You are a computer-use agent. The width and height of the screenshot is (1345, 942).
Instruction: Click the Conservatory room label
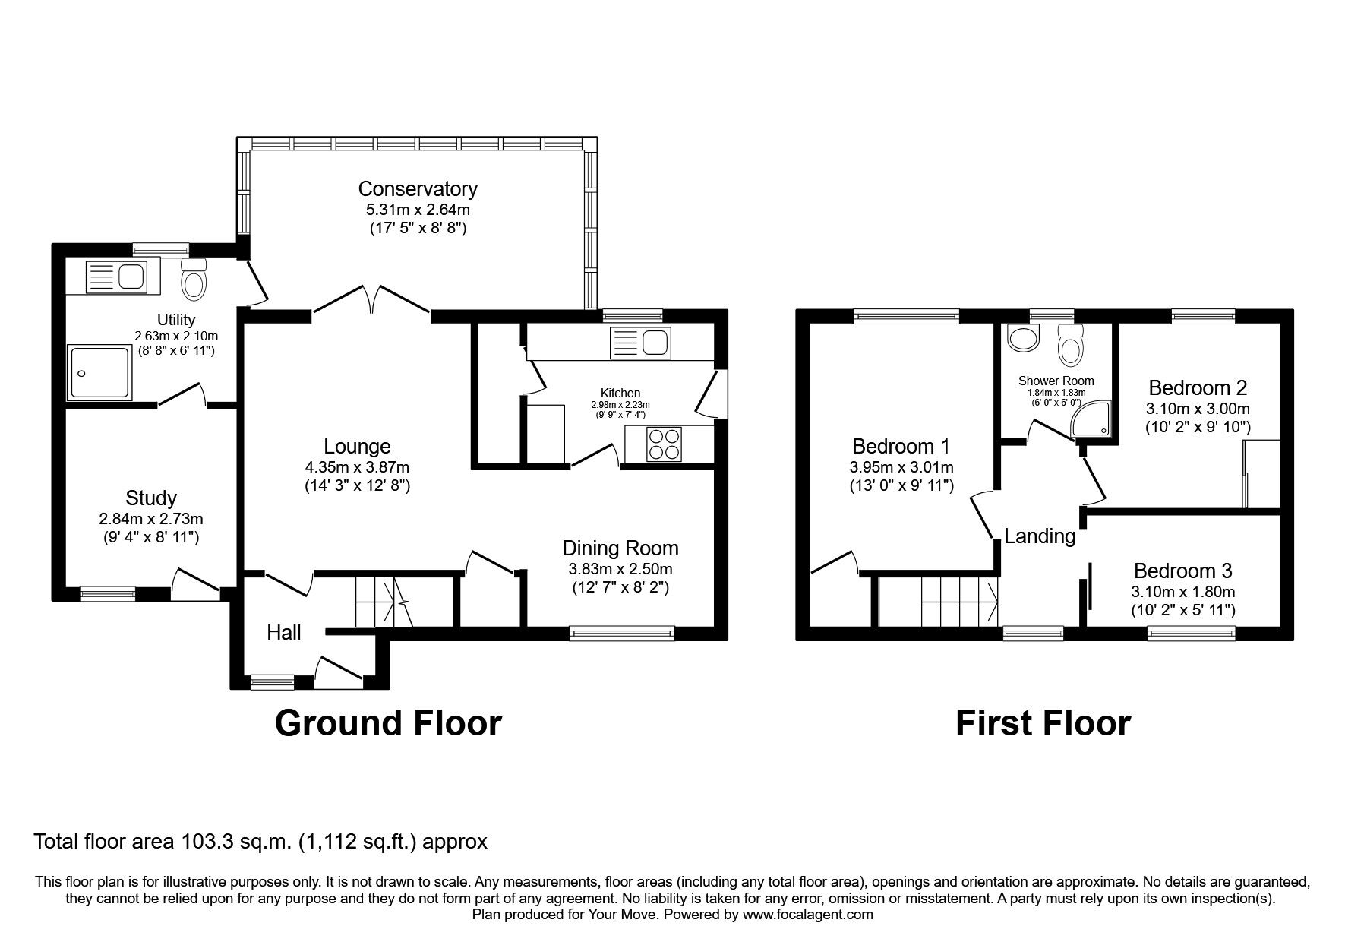(x=418, y=188)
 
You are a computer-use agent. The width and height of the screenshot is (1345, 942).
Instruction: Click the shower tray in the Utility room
(x=99, y=372)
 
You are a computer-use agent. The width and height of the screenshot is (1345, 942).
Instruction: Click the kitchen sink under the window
(x=639, y=343)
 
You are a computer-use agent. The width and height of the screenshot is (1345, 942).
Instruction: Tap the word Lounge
(x=357, y=447)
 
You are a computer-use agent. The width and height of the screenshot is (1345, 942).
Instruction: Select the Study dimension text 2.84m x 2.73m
(x=151, y=520)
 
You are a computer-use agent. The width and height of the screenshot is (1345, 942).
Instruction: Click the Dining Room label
(x=620, y=548)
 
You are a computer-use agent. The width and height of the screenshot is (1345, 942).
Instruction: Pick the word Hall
(x=284, y=632)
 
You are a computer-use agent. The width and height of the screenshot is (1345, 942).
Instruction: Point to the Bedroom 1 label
(x=901, y=446)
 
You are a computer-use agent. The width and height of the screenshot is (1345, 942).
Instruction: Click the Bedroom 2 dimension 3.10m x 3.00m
(x=1198, y=408)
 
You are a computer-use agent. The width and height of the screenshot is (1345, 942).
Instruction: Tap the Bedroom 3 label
(x=1183, y=571)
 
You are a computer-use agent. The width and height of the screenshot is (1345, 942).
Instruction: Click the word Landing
(x=1040, y=536)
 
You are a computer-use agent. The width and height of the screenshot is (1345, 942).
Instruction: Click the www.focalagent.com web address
(x=807, y=915)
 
